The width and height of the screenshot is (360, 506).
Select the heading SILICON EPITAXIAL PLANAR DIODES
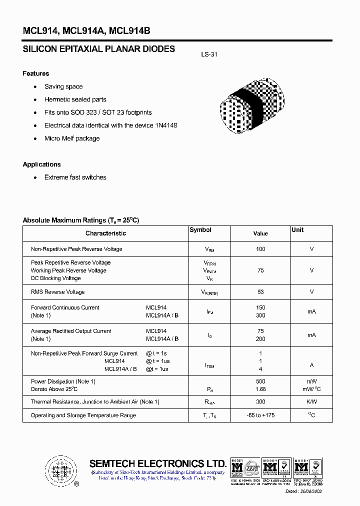click(x=99, y=49)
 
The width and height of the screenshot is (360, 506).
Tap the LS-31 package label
click(x=209, y=55)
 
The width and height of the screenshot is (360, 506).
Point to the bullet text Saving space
click(x=63, y=86)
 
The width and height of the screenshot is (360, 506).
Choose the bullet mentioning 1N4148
click(x=110, y=125)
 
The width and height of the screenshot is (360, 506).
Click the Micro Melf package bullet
click(x=72, y=138)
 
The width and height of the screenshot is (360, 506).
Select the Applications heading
click(x=41, y=164)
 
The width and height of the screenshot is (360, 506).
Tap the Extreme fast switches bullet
click(x=75, y=177)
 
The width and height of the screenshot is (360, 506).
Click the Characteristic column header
click(x=105, y=233)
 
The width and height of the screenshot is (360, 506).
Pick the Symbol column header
click(x=200, y=230)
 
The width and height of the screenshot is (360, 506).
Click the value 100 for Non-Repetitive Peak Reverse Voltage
click(x=260, y=249)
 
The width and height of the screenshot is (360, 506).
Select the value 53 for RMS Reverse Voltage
click(x=260, y=292)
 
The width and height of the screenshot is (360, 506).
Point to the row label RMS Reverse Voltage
click(x=58, y=292)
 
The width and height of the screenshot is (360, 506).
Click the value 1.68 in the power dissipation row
click(x=260, y=389)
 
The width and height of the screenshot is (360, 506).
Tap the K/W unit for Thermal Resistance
click(x=311, y=401)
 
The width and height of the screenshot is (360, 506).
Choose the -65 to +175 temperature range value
click(x=260, y=415)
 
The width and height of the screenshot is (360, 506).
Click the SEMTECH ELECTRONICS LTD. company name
click(x=157, y=463)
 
